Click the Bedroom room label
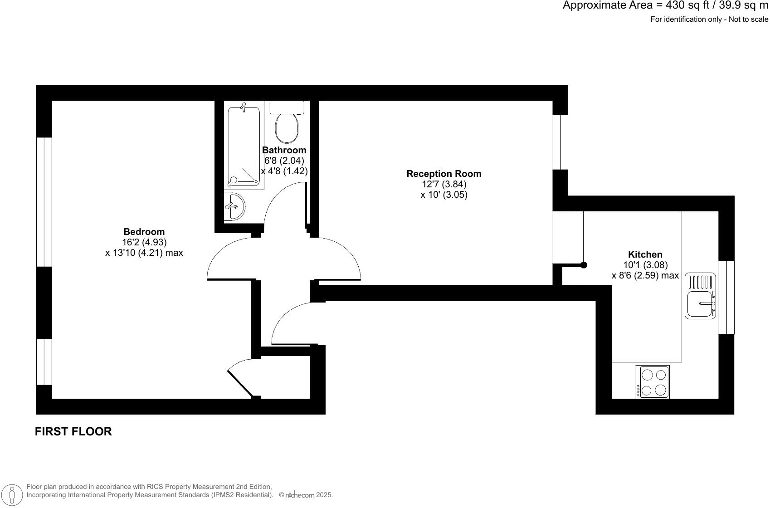point(144,232)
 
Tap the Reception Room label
point(443,174)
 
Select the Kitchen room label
point(645,254)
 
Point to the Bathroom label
point(284,150)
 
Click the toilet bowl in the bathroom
point(287,127)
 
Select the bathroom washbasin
point(234,207)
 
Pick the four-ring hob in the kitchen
point(653,382)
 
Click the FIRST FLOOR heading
point(73,431)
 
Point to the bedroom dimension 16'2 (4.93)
point(144,242)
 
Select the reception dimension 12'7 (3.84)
point(443,184)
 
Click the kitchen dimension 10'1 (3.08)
point(645,265)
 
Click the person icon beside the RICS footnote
point(15,495)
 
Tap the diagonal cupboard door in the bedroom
point(240,383)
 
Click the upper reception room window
point(560,142)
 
